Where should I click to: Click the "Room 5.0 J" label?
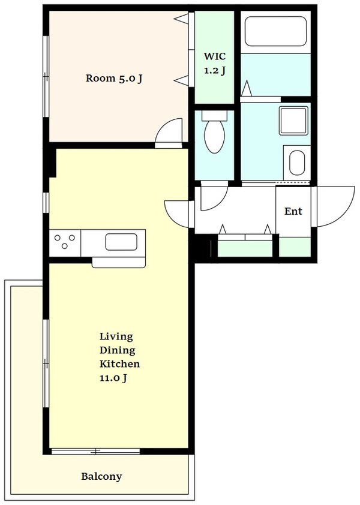pyautogui.click(x=114, y=78)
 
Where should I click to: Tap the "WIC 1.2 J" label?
pyautogui.click(x=215, y=63)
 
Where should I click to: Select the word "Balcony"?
pyautogui.click(x=101, y=477)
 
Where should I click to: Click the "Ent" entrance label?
pyautogui.click(x=293, y=211)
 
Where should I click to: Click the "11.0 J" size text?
pyautogui.click(x=113, y=377)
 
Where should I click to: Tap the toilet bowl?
pyautogui.click(x=215, y=134)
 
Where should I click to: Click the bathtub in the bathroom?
pyautogui.click(x=275, y=32)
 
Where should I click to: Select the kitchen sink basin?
pyautogui.click(x=121, y=242)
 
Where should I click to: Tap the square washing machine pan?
pyautogui.click(x=293, y=120)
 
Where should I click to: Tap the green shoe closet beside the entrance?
pyautogui.click(x=295, y=247)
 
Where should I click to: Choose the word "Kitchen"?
pyautogui.click(x=119, y=364)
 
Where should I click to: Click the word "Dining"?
pyautogui.click(x=118, y=350)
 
